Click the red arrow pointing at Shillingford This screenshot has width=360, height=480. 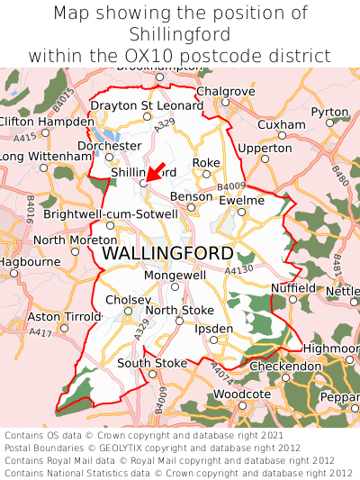pos(155,172)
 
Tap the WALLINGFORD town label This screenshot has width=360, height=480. pos(167,253)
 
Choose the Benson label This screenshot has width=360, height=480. pos(192,195)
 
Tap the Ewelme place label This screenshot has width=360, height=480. pos(241,200)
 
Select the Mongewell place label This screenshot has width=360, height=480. pos(175,275)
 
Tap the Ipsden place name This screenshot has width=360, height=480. pos(214,329)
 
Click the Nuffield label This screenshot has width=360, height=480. pos(293,287)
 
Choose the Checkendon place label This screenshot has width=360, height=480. pos(284,367)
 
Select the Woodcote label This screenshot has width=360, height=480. pos(241,394)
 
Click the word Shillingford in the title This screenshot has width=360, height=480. pos(180,34)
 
